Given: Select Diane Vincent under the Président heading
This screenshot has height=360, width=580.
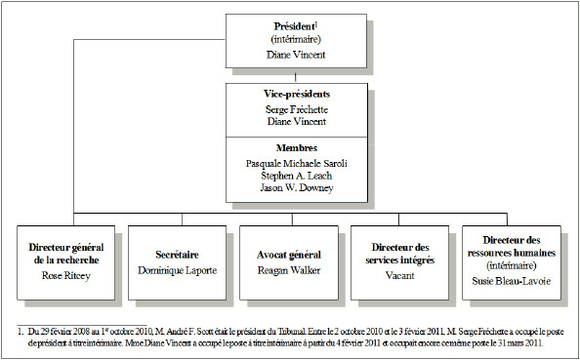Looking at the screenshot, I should coord(292,56).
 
